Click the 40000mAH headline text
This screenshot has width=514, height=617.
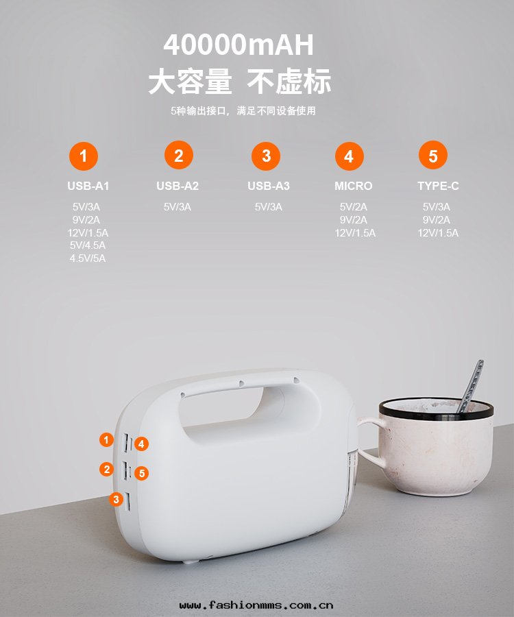[x=238, y=45]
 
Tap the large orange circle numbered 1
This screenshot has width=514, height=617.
[x=84, y=156]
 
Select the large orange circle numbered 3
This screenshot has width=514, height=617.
[x=267, y=156]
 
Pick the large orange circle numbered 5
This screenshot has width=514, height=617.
[x=432, y=156]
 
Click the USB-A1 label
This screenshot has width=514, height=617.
[x=88, y=186]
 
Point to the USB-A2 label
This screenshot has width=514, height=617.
[x=178, y=186]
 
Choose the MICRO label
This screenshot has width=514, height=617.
[x=354, y=186]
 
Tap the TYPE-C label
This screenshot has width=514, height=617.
[x=438, y=186]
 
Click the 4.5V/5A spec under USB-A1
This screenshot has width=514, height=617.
[x=88, y=258]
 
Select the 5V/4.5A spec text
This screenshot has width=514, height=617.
[x=88, y=245]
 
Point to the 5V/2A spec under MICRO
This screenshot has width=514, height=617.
[x=354, y=207]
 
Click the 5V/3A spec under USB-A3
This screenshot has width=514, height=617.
[x=269, y=207]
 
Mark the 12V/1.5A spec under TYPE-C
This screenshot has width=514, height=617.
[x=438, y=233]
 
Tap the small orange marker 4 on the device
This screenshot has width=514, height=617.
[x=142, y=444]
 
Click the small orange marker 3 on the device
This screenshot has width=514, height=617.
[x=116, y=499]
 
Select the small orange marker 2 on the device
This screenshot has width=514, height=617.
[x=106, y=470]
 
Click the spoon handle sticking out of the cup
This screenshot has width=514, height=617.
[x=472, y=385]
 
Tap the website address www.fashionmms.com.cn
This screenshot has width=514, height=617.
[x=256, y=605]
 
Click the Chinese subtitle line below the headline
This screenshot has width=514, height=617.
[x=243, y=110]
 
